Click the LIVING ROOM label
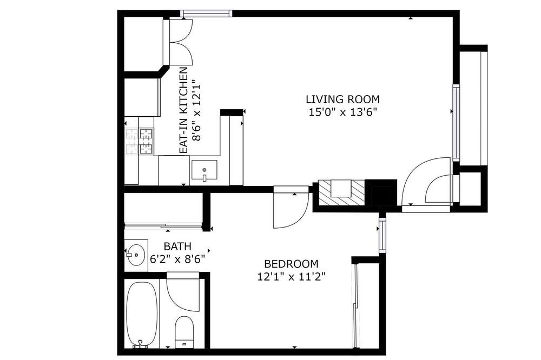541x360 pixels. pyautogui.click(x=342, y=99)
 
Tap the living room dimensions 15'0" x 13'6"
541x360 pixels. pyautogui.click(x=342, y=112)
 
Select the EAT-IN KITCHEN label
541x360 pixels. pyautogui.click(x=183, y=110)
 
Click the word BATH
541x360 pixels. pyautogui.click(x=177, y=246)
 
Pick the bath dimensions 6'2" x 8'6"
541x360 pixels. pyautogui.click(x=177, y=259)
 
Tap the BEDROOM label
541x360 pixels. pyautogui.click(x=291, y=264)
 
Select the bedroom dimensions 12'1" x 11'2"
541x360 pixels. pyautogui.click(x=292, y=277)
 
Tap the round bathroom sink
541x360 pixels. pyautogui.click(x=135, y=255)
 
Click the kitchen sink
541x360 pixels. pyautogui.click(x=204, y=170)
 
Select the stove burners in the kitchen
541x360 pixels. pyautogui.click(x=140, y=141)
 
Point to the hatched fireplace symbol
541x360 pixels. pyautogui.click(x=341, y=192)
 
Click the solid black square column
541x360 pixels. pyautogui.click(x=381, y=192)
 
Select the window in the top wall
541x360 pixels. pyautogui.click(x=206, y=14)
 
